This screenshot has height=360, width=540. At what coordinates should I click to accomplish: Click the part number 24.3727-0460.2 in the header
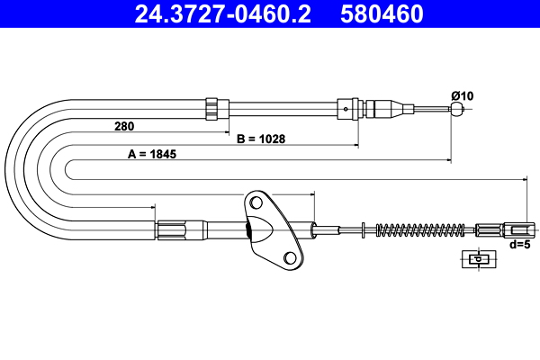point(223,14)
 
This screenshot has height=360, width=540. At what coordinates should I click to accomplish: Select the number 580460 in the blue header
point(382,14)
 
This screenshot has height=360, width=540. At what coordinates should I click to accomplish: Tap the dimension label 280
point(124,126)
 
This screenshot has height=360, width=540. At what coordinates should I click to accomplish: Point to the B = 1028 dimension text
point(261,139)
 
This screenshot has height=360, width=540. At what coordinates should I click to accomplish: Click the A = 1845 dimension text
point(152,154)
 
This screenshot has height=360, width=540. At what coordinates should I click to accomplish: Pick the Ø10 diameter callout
point(463,95)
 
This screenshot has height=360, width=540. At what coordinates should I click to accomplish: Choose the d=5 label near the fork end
point(520,245)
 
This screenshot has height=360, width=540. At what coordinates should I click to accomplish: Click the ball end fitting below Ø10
point(457,109)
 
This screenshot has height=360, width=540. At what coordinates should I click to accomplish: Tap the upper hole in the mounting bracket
point(256,202)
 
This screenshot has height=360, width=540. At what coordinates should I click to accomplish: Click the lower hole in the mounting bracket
point(290,257)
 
